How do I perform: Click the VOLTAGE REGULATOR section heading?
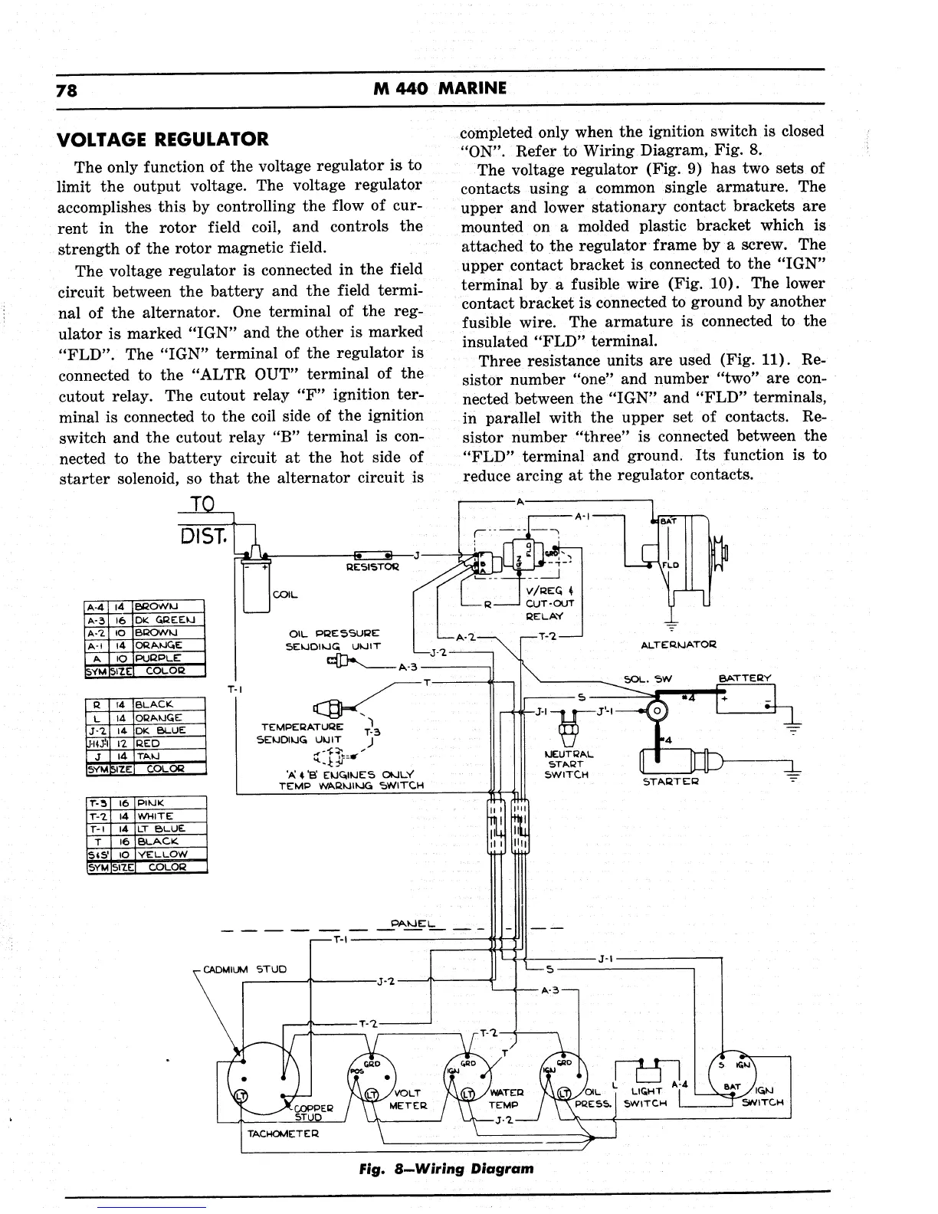point(163,139)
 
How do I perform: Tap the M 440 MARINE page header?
point(440,88)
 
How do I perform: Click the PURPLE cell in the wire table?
point(158,658)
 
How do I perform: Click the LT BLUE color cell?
point(162,828)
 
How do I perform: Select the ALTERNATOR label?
point(677,645)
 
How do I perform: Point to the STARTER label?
point(671,782)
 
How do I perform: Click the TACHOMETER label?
point(283,1134)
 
